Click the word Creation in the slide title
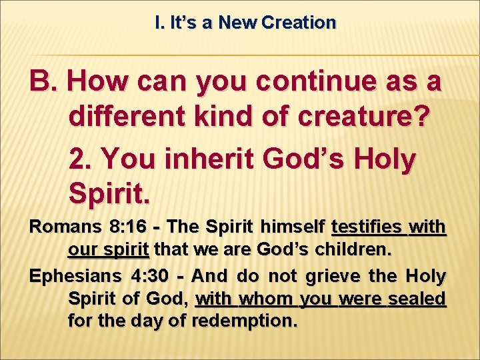pos(299,23)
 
